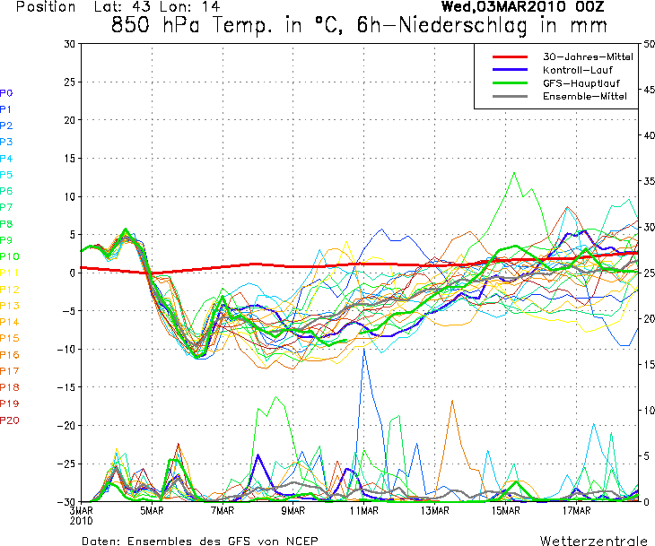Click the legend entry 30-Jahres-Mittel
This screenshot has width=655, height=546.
tap(588, 56)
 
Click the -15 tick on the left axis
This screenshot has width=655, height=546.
tap(68, 387)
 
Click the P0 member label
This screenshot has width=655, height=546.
tap(6, 92)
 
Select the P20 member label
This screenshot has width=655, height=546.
tap(10, 420)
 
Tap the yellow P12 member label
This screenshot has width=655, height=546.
tap(10, 289)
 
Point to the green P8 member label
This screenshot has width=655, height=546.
tap(6, 223)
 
